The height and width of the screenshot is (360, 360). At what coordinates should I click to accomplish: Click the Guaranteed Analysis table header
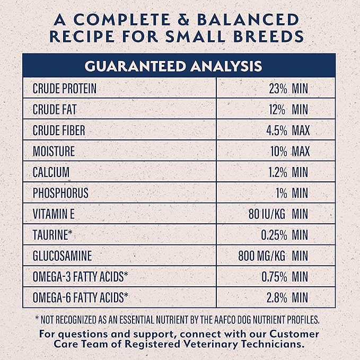[x=180, y=66]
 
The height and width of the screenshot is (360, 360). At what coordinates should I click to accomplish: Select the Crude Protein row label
[x=65, y=88]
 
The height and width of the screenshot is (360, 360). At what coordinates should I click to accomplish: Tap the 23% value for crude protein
[x=278, y=88]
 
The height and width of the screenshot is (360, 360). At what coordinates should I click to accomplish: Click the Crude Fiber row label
[x=59, y=130]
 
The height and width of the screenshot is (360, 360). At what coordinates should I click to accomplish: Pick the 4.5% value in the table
[x=276, y=130]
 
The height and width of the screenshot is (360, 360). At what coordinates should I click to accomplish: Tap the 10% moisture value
[x=278, y=151]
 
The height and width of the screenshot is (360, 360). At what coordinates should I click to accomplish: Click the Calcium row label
[x=51, y=172]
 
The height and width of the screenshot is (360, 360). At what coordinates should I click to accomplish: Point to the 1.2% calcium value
[x=277, y=172]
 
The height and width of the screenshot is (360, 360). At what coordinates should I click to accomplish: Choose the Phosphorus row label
[x=60, y=193]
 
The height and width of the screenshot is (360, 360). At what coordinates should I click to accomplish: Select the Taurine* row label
[x=53, y=235]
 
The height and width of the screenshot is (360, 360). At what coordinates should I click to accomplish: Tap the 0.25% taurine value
[x=274, y=235]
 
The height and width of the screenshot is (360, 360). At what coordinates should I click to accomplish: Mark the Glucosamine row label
[x=62, y=256]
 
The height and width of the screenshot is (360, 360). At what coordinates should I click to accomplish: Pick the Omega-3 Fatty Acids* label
[x=81, y=277]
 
